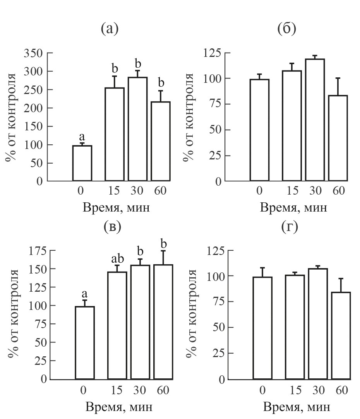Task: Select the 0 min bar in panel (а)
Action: point(82,163)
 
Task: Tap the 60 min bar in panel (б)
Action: point(338,138)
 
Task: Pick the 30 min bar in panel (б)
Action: point(315,120)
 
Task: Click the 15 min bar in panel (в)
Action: point(117,325)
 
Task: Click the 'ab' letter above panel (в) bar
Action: point(117,258)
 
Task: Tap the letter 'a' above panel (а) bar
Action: point(82,137)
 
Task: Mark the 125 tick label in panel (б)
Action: point(213,53)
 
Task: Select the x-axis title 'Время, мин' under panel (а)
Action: point(116,208)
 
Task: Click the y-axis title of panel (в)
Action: point(13,315)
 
